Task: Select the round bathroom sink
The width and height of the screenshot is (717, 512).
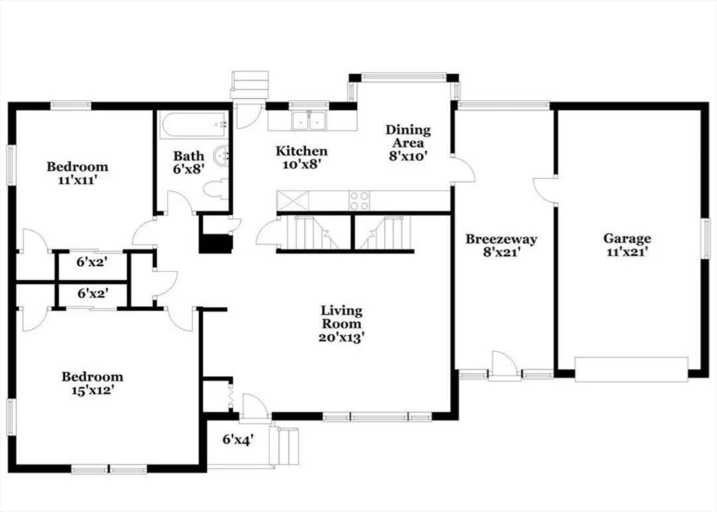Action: [x=222, y=155]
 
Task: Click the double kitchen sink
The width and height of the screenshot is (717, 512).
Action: [x=309, y=120]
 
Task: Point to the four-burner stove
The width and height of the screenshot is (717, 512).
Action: [x=359, y=200]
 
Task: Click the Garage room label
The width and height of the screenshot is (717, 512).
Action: [x=627, y=238]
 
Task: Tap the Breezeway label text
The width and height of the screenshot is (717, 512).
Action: [x=501, y=239]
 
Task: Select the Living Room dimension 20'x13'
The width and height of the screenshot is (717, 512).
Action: [x=341, y=338]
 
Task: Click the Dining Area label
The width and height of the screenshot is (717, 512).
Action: [x=408, y=136]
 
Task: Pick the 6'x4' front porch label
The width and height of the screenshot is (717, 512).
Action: [x=238, y=440]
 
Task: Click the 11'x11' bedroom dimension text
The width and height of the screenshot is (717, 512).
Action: [x=78, y=180]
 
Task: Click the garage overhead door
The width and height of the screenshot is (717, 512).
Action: [x=631, y=369]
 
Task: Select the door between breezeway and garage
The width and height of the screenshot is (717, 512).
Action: [x=545, y=189]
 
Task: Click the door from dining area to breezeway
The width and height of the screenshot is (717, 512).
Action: [x=464, y=169]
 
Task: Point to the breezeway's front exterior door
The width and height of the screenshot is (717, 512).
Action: [x=504, y=366]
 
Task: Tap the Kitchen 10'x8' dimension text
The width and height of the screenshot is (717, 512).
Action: [x=301, y=165]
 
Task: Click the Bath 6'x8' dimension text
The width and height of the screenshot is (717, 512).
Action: [x=188, y=169]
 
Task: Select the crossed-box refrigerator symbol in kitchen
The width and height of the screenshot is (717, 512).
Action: [x=293, y=200]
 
